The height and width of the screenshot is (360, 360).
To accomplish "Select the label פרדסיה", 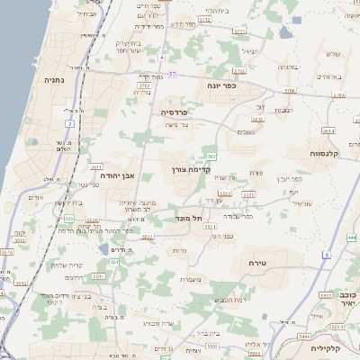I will [174, 112].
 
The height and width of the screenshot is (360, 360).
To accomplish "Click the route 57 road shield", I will [172, 74].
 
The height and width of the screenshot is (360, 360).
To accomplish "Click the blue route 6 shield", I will [326, 255].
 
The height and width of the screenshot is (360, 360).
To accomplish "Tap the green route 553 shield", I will [69, 218].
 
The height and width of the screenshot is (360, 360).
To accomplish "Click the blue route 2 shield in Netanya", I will [69, 122].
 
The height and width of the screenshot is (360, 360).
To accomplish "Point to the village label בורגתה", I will [287, 67].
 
